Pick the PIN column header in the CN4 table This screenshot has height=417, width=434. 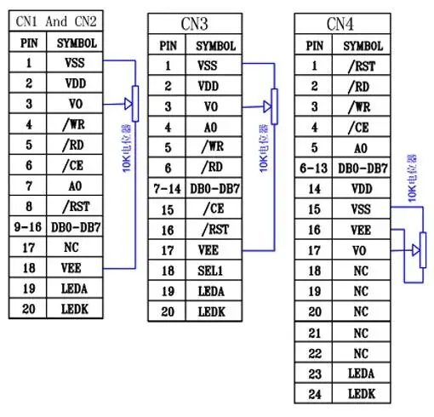coord(314,46)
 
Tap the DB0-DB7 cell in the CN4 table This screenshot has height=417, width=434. coord(361,169)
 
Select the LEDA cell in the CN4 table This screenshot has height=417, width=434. coord(361,373)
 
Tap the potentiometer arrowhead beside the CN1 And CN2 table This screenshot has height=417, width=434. coord(128,105)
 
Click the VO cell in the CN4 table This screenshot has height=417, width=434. coord(361,250)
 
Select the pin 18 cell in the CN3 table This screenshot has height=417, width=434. coord(168,271)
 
